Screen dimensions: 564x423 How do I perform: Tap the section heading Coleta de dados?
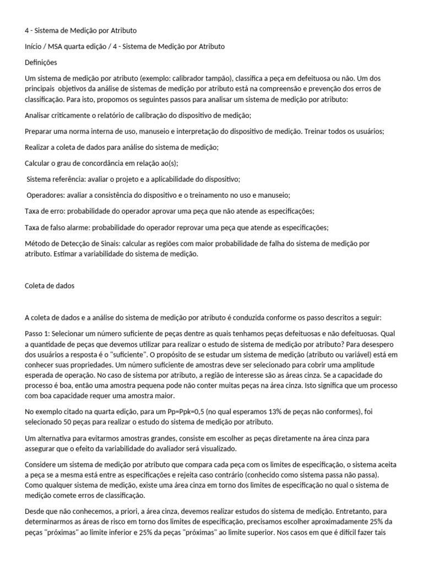click(x=50, y=286)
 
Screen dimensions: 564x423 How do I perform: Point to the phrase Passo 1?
click(x=38, y=334)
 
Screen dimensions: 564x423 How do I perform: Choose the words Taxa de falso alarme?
click(x=58, y=227)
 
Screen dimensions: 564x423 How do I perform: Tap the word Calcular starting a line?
click(x=39, y=163)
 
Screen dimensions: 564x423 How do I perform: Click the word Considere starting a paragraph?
click(x=42, y=464)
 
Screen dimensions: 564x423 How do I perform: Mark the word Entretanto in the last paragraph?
click(x=341, y=512)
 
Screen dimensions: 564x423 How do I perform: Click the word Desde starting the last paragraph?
click(x=36, y=512)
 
